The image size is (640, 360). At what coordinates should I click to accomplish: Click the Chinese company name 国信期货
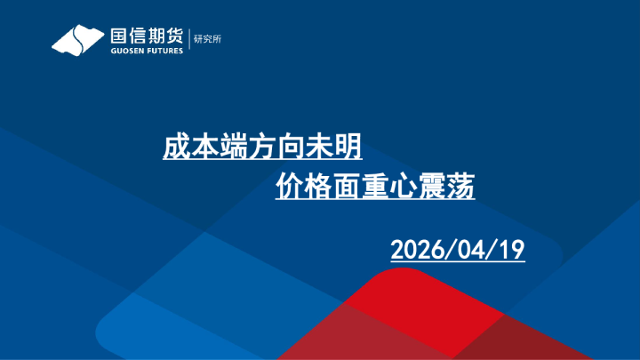[x=147, y=36]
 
